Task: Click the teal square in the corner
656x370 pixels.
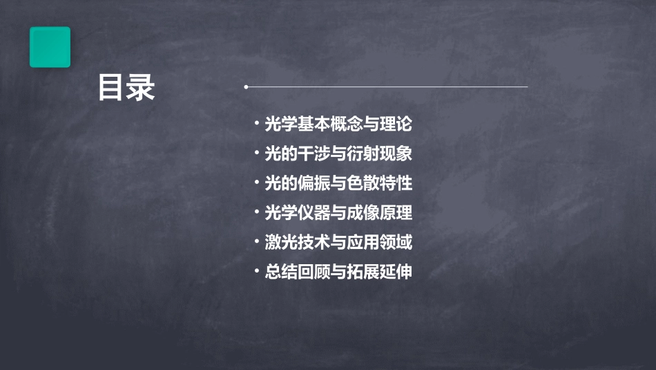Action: tap(50, 47)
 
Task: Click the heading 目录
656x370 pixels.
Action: tap(126, 88)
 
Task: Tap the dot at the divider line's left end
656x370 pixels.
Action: tap(246, 87)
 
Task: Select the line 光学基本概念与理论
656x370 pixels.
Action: tap(338, 124)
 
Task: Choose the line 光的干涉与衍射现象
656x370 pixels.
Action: tap(338, 154)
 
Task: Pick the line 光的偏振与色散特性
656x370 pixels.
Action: tap(338, 183)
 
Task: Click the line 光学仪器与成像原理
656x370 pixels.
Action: tap(338, 213)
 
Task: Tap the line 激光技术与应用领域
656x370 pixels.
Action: tap(338, 243)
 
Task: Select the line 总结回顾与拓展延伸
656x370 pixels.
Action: tap(338, 272)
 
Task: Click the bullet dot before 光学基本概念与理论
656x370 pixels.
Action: tap(257, 124)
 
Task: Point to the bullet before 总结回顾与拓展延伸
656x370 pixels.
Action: tap(257, 272)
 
